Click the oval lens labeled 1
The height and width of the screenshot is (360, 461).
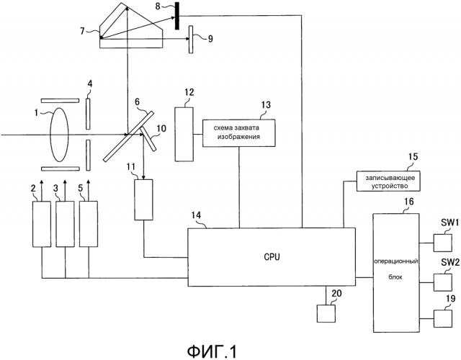[x=57, y=135]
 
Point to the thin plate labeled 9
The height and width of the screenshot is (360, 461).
[x=191, y=34]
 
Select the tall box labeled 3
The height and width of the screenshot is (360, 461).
[x=66, y=225]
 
